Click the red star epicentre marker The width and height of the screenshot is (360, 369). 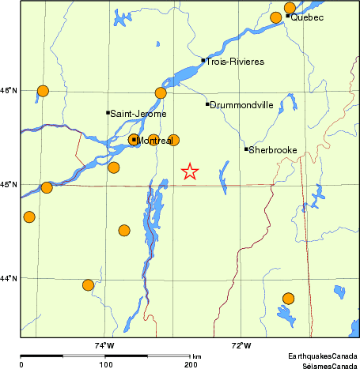[x=190, y=171]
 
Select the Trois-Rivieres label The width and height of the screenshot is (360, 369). [x=235, y=61]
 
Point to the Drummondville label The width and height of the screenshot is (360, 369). [x=242, y=104]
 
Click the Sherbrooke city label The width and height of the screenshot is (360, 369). [x=273, y=149]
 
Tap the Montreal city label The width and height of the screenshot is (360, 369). [x=153, y=141]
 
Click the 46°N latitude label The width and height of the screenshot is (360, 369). [x=9, y=92]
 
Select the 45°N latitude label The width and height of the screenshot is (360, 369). [x=9, y=185]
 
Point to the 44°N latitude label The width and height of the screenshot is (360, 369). [x=9, y=278]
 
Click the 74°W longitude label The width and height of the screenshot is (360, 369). [x=104, y=345]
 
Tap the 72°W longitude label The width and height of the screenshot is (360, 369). [x=241, y=345]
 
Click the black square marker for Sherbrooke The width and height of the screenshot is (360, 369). [x=246, y=149]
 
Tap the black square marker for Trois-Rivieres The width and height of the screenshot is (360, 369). [x=203, y=60]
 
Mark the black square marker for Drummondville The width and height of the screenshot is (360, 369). [x=207, y=104]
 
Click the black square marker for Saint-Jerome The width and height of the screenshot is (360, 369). [x=108, y=112]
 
